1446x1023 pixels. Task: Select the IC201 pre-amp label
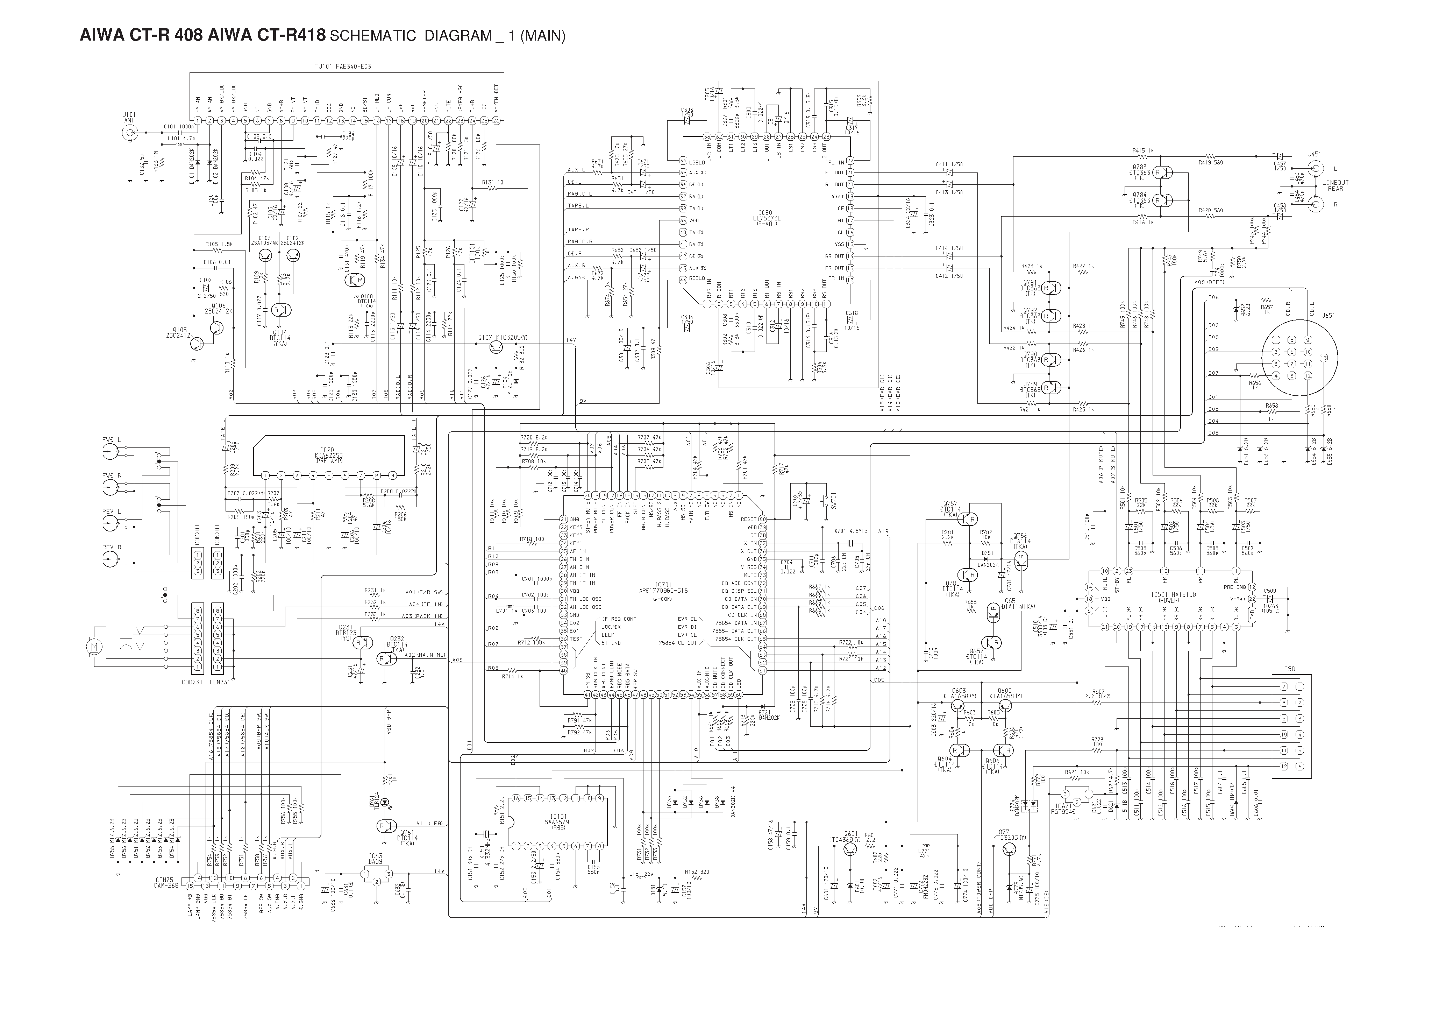point(328,454)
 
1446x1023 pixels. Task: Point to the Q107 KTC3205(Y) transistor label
point(502,338)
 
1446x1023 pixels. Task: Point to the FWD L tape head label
point(112,439)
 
